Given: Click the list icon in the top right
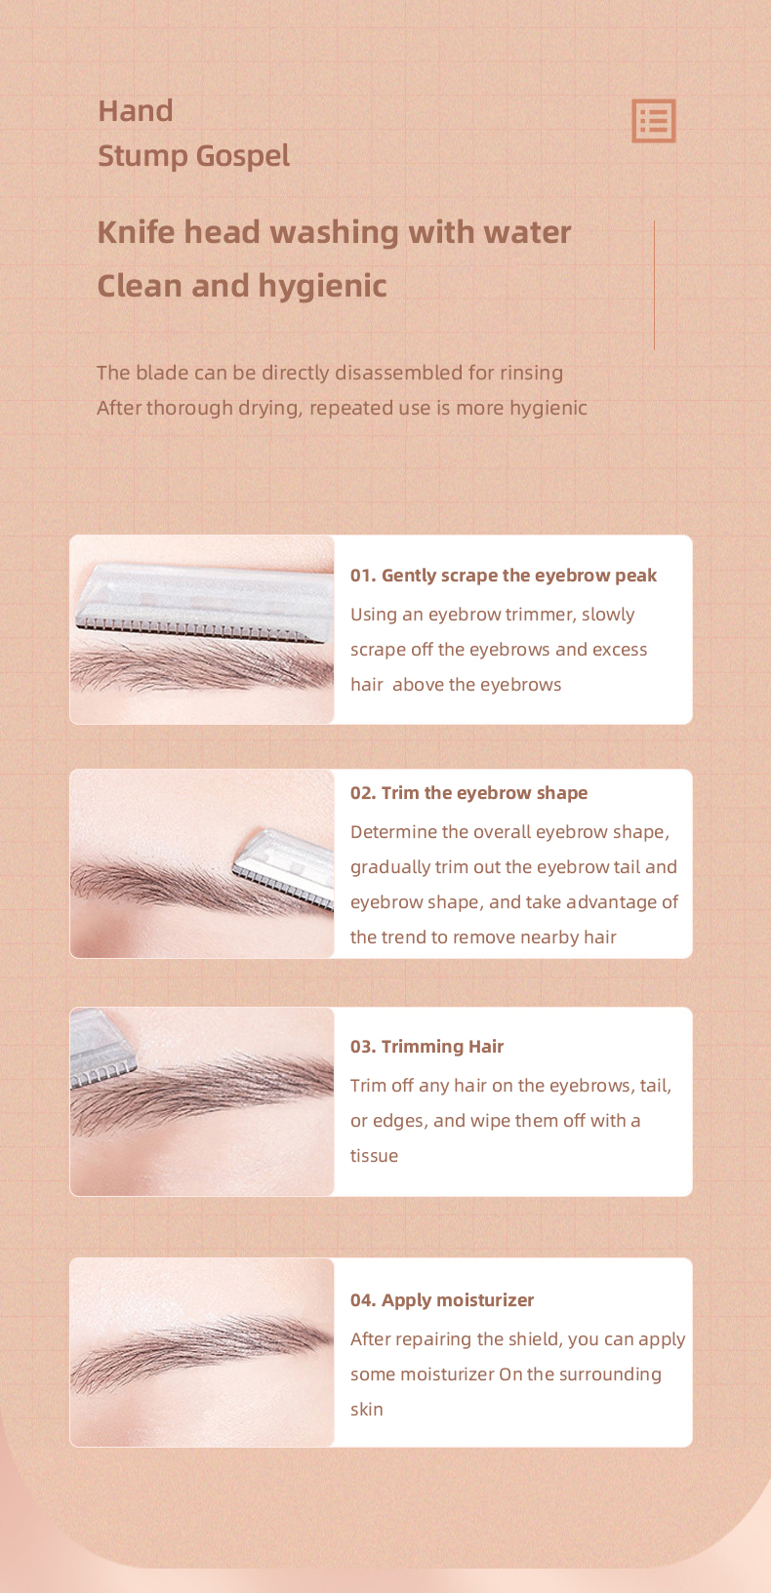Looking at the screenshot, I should [653, 121].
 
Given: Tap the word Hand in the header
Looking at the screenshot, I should [135, 111].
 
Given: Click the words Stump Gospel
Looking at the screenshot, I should [193, 156].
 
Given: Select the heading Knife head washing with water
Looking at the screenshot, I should [334, 232].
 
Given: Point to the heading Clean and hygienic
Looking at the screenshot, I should [242, 286].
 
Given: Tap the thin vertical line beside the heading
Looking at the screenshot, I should [654, 285].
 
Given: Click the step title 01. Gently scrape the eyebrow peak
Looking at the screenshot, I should [504, 576].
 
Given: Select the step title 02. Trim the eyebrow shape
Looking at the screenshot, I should [468, 793].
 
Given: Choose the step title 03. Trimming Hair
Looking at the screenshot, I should [426, 1047].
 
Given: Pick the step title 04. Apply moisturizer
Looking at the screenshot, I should [442, 1300].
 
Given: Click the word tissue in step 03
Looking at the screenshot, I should [374, 1156].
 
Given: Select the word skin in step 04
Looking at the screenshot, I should [366, 1410].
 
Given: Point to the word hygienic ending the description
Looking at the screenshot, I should [548, 408].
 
